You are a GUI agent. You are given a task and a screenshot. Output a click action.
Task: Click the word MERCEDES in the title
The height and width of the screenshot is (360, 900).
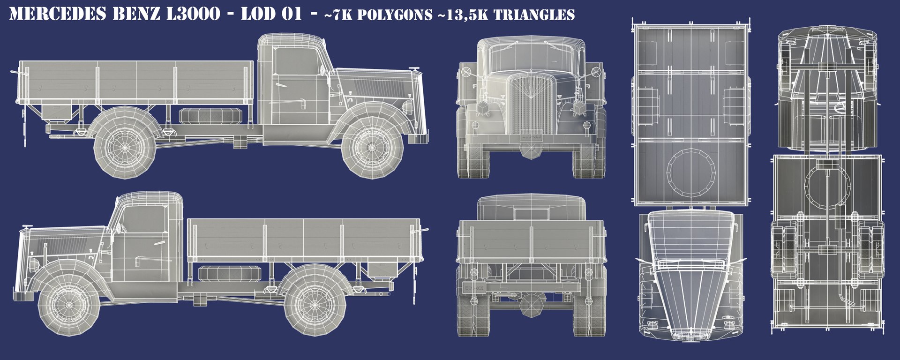tap(58, 14)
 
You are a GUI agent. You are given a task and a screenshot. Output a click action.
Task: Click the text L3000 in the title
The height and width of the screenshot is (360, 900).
tap(193, 14)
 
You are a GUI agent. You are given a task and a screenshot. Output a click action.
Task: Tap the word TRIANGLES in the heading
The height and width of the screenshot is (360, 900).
tap(534, 15)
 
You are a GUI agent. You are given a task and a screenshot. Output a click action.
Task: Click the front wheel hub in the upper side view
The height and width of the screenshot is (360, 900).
tap(372, 148)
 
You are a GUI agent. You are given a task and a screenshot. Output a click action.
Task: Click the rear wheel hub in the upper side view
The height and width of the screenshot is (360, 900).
tap(125, 147)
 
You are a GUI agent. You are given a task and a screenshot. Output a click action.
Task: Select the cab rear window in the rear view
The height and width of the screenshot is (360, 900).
tap(531, 214)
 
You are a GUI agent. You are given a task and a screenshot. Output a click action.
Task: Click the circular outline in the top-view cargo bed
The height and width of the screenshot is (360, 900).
tap(690, 172)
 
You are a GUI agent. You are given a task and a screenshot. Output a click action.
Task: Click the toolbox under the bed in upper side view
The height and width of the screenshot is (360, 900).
tap(57, 112)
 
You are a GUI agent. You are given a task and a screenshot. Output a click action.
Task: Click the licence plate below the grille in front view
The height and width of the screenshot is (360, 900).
tap(532, 135)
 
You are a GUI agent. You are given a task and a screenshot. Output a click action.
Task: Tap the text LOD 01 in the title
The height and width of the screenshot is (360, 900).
tap(271, 14)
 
